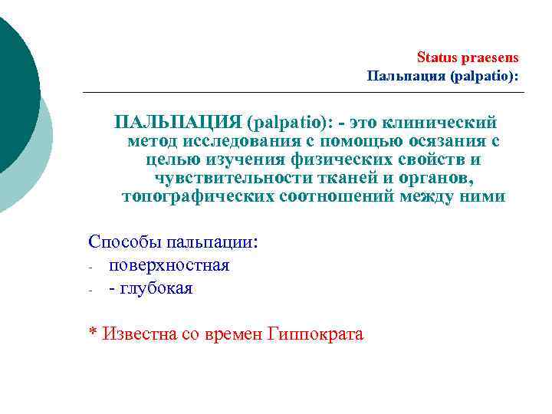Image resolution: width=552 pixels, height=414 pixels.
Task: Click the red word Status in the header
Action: tap(435, 58)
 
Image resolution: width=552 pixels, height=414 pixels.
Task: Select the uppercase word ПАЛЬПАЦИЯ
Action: tap(177, 123)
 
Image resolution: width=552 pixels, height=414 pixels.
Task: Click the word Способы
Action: tap(122, 243)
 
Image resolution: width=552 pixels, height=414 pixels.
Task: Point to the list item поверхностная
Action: tap(169, 265)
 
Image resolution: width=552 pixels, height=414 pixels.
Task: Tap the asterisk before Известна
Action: tap(93, 333)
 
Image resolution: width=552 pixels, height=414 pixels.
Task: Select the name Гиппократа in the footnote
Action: tap(316, 333)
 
